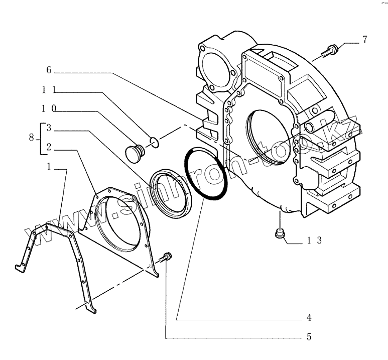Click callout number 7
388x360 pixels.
(x=364, y=39)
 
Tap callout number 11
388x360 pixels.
(x=49, y=90)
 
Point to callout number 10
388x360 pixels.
(x=49, y=108)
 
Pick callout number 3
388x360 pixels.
(x=49, y=128)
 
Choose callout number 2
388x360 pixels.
(x=49, y=147)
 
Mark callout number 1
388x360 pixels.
(x=49, y=167)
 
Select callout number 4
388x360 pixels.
(x=310, y=317)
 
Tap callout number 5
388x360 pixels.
(x=310, y=337)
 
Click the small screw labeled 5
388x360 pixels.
(x=167, y=257)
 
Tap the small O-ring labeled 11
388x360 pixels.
(x=155, y=142)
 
